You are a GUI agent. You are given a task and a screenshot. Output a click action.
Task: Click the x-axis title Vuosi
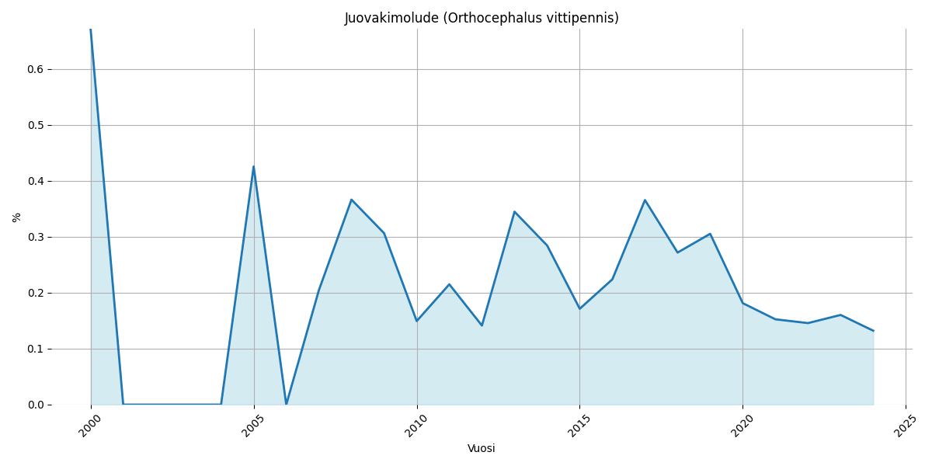[482, 448]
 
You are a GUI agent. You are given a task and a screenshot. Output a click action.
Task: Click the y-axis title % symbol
[17, 217]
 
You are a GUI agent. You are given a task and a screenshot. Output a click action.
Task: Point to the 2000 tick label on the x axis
[90, 426]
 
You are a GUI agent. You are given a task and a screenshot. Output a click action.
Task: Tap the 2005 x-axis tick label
[253, 426]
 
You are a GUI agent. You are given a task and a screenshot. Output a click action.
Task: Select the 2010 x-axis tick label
[416, 426]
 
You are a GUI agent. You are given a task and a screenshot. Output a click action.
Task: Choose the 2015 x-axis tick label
[579, 426]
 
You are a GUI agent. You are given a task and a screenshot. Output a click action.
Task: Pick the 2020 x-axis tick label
[742, 426]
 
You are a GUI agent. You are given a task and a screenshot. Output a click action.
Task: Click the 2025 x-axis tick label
[905, 426]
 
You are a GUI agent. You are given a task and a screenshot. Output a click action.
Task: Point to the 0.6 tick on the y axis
[35, 69]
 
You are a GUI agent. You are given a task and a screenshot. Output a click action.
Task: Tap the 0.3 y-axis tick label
[35, 237]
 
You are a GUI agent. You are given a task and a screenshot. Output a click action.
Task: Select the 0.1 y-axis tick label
[35, 349]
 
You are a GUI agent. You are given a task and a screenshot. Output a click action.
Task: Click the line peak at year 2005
[253, 166]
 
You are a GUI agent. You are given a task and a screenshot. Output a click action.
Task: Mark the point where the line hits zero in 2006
[286, 404]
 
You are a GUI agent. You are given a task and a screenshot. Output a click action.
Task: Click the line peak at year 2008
[351, 200]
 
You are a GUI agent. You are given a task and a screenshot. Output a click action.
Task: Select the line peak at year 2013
[514, 211]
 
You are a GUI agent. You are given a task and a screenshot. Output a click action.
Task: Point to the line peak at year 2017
[645, 200]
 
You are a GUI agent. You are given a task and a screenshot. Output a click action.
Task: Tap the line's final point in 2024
[873, 331]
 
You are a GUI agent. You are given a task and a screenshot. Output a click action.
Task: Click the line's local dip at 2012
[482, 325]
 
